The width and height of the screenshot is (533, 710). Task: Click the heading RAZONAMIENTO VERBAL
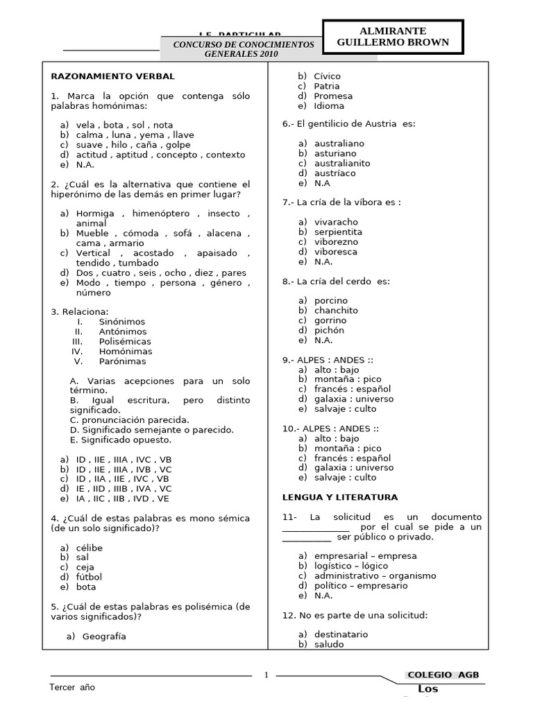tap(112, 76)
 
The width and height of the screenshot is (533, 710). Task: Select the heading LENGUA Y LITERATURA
tap(340, 497)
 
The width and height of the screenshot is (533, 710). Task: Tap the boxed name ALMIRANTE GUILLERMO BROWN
tap(392, 37)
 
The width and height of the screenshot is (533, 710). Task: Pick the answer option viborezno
tap(336, 241)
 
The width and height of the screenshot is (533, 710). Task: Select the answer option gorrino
tap(330, 320)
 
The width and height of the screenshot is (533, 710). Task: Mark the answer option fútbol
tap(90, 576)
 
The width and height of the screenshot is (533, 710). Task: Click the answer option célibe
tap(90, 547)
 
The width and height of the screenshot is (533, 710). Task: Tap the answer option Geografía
tap(104, 636)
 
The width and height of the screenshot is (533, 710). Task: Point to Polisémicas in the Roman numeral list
tap(125, 341)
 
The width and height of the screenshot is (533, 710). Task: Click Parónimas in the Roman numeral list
tap(123, 361)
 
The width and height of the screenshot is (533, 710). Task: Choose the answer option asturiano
tap(335, 153)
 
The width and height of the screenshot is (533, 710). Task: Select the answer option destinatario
tap(341, 634)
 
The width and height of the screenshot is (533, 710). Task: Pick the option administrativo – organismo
tap(375, 575)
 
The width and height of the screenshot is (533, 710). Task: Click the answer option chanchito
tap(336, 311)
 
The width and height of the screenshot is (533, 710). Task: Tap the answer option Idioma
tap(329, 106)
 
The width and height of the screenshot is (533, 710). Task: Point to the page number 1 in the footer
tap(266, 675)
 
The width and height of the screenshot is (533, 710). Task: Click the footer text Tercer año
tap(72, 687)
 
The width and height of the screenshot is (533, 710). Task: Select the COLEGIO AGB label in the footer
tap(443, 675)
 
